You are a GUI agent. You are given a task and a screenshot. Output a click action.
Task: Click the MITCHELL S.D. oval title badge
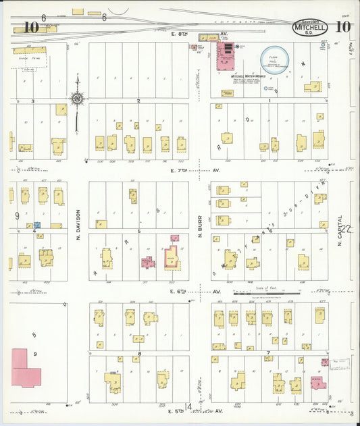click(x=311, y=28)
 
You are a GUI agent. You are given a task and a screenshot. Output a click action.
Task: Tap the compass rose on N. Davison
click(x=77, y=100)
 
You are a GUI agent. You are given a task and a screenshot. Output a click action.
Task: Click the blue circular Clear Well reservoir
click(x=274, y=57)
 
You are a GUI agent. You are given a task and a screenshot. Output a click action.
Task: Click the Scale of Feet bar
click(x=267, y=293)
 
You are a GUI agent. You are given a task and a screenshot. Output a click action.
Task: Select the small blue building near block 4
click(x=38, y=225)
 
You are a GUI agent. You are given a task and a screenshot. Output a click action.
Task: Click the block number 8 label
click(x=139, y=353)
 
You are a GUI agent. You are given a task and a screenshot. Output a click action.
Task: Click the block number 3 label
click(x=33, y=101)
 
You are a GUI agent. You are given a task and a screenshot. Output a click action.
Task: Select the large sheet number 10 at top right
click(x=342, y=28)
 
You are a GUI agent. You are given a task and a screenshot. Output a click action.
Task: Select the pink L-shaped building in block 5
click(x=172, y=257)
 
